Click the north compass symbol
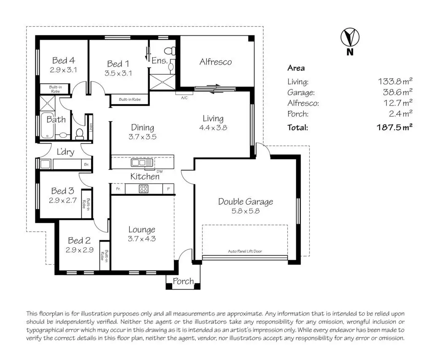[350, 37]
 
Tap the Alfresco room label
[216, 62]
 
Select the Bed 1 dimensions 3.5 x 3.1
[118, 73]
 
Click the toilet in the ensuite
[170, 51]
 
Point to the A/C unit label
[184, 98]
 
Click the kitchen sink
[142, 162]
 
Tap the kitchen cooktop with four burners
[143, 189]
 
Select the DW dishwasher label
[159, 171]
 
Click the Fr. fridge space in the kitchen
[118, 189]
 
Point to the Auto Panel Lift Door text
[245, 251]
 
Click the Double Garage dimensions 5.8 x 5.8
[246, 211]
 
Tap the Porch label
[183, 281]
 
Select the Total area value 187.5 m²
[394, 127]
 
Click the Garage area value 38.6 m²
[397, 92]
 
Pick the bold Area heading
[296, 68]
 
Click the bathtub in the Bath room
[47, 125]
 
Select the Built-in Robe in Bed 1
[130, 99]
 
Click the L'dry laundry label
[65, 152]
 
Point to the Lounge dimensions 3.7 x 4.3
[142, 239]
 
